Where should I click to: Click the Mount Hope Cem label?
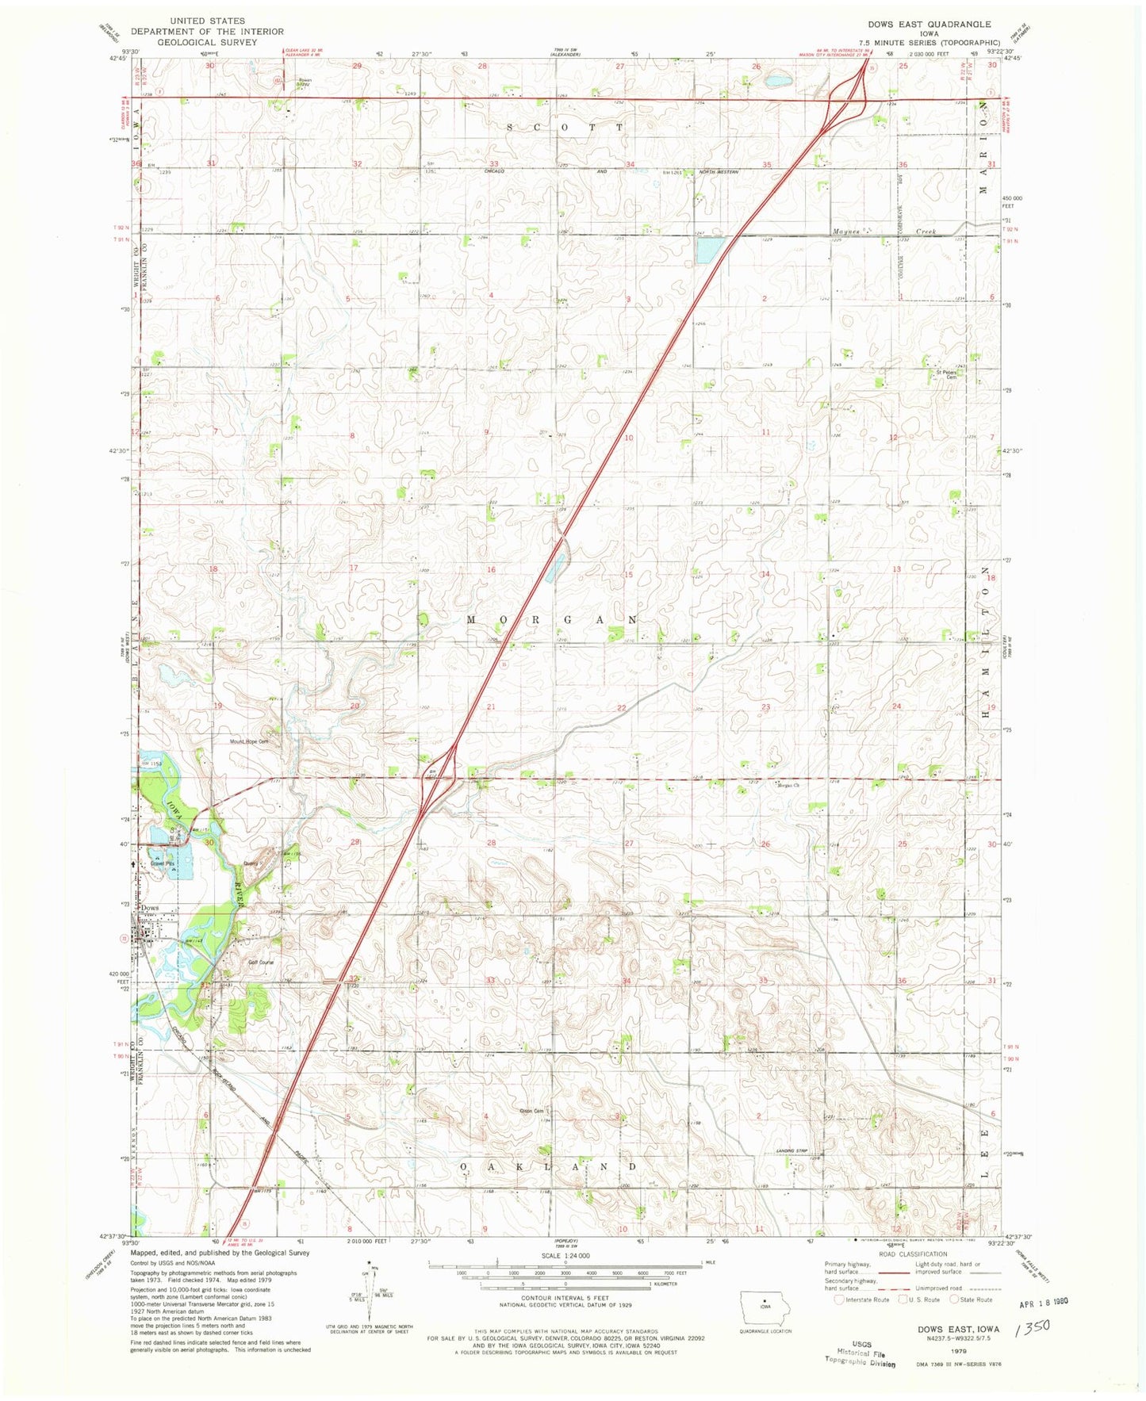click(x=249, y=741)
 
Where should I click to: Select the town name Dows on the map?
click(x=150, y=908)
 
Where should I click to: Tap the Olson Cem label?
click(x=531, y=1111)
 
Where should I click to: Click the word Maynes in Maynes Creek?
click(x=847, y=232)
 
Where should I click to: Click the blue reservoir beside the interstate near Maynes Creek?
click(x=707, y=251)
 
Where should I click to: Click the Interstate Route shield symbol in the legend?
click(x=839, y=1300)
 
